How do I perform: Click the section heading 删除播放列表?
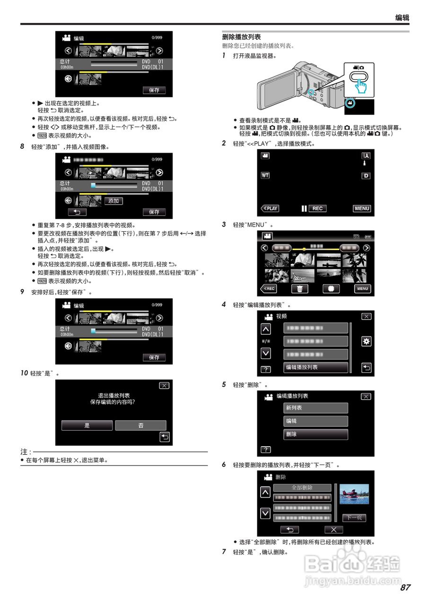(241, 37)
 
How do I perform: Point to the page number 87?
(405, 588)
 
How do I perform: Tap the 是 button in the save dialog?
(87, 425)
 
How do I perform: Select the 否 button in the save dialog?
(140, 425)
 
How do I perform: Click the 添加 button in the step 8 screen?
(113, 201)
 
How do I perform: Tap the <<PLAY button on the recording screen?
(270, 208)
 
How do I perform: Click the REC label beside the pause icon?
(318, 208)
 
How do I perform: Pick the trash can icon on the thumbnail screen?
(299, 289)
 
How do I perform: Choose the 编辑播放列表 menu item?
(315, 367)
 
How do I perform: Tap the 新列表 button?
(315, 408)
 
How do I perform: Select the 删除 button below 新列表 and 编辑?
(315, 434)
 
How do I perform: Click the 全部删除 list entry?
(302, 488)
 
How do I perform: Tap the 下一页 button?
(354, 518)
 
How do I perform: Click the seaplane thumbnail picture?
(354, 494)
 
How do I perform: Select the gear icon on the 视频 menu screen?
(366, 341)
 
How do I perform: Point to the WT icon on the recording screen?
(265, 175)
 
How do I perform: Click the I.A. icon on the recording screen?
(366, 156)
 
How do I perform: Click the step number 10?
(24, 373)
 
